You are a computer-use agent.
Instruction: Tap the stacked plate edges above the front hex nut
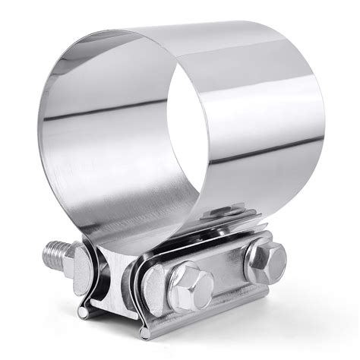tap(182, 243)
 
